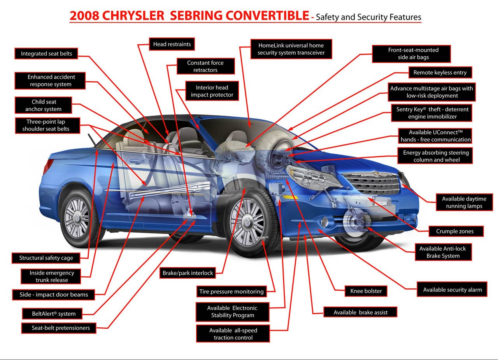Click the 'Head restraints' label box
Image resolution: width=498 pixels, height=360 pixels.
[172, 44]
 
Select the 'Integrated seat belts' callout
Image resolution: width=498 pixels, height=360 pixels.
[46, 54]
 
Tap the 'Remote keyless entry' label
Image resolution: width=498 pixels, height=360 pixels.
[440, 72]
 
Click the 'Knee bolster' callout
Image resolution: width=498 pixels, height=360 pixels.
[366, 291]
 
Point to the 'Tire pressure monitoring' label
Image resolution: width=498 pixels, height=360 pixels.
[231, 292]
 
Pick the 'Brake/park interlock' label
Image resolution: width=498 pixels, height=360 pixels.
[188, 273]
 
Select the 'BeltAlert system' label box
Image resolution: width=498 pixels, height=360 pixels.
[52, 314]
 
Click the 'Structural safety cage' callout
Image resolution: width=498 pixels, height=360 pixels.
[46, 258]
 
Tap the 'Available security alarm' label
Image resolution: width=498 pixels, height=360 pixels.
[452, 290]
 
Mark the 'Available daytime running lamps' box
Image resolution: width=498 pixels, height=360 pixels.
[464, 202]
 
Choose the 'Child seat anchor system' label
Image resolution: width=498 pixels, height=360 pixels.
[43, 105]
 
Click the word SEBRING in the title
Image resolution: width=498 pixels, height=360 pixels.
[196, 16]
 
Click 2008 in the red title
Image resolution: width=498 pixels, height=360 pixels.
[84, 16]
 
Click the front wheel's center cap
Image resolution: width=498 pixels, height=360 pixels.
[247, 222]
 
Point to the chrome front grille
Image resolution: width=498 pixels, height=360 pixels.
[371, 183]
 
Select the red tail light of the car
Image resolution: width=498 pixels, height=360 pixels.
[47, 166]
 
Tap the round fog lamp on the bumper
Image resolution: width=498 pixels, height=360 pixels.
[325, 222]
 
